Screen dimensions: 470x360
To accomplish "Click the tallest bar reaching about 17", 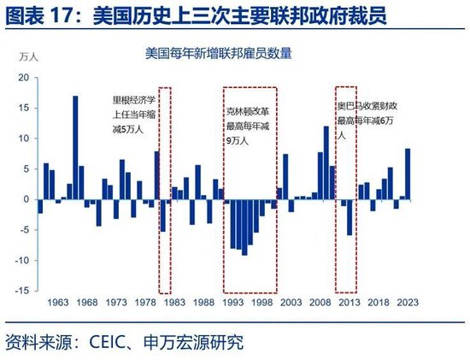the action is coord(75,148).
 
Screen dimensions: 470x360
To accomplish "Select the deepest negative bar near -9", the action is coord(244,227).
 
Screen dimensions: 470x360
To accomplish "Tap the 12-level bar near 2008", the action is coord(326,163).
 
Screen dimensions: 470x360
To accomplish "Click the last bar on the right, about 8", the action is coord(408,174).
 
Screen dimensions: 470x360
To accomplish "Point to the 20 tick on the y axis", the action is coord(23,78).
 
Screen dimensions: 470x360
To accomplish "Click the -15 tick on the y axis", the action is coord(22,291).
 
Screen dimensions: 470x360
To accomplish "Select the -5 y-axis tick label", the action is coord(24,230).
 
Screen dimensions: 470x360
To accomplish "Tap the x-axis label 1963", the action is coord(58,303).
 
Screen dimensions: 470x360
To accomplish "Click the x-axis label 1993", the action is coord(233,303).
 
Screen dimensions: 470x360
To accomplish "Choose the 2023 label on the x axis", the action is coord(408,303).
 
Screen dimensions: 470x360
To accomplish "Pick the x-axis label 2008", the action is coord(320,303).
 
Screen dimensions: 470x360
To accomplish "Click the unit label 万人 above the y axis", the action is coord(29,57).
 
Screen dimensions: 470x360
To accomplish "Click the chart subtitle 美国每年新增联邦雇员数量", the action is coord(219,54).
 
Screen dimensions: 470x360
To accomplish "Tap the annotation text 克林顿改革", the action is coord(248,112).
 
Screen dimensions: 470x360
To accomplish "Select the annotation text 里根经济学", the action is coord(134,100).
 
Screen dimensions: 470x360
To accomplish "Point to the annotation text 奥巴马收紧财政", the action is coord(367,106).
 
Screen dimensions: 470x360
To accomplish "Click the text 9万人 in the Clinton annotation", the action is coord(237,141).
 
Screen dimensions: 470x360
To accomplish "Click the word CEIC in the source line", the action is coord(107,342).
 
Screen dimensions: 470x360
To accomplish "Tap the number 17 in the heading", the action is coord(62,15).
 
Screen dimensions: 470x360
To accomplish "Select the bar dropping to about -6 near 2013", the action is coord(350,217).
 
